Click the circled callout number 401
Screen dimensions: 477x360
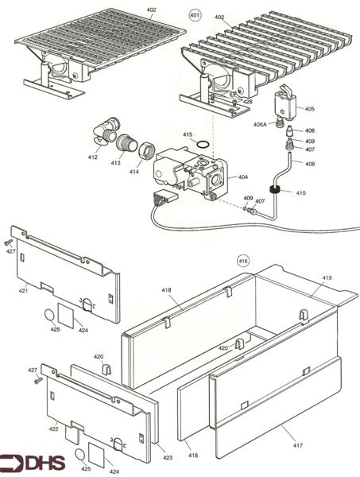tap(193, 15)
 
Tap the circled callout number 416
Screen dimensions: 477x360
tap(243, 261)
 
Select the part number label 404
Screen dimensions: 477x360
tap(242, 176)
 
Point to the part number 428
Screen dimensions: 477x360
tap(247, 102)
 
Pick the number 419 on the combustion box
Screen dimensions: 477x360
tap(327, 278)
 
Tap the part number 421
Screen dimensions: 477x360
tap(24, 291)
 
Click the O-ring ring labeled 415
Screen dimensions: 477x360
tap(204, 145)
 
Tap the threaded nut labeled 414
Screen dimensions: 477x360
tap(146, 151)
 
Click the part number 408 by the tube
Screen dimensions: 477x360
tap(309, 164)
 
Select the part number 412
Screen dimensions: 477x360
tap(93, 157)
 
